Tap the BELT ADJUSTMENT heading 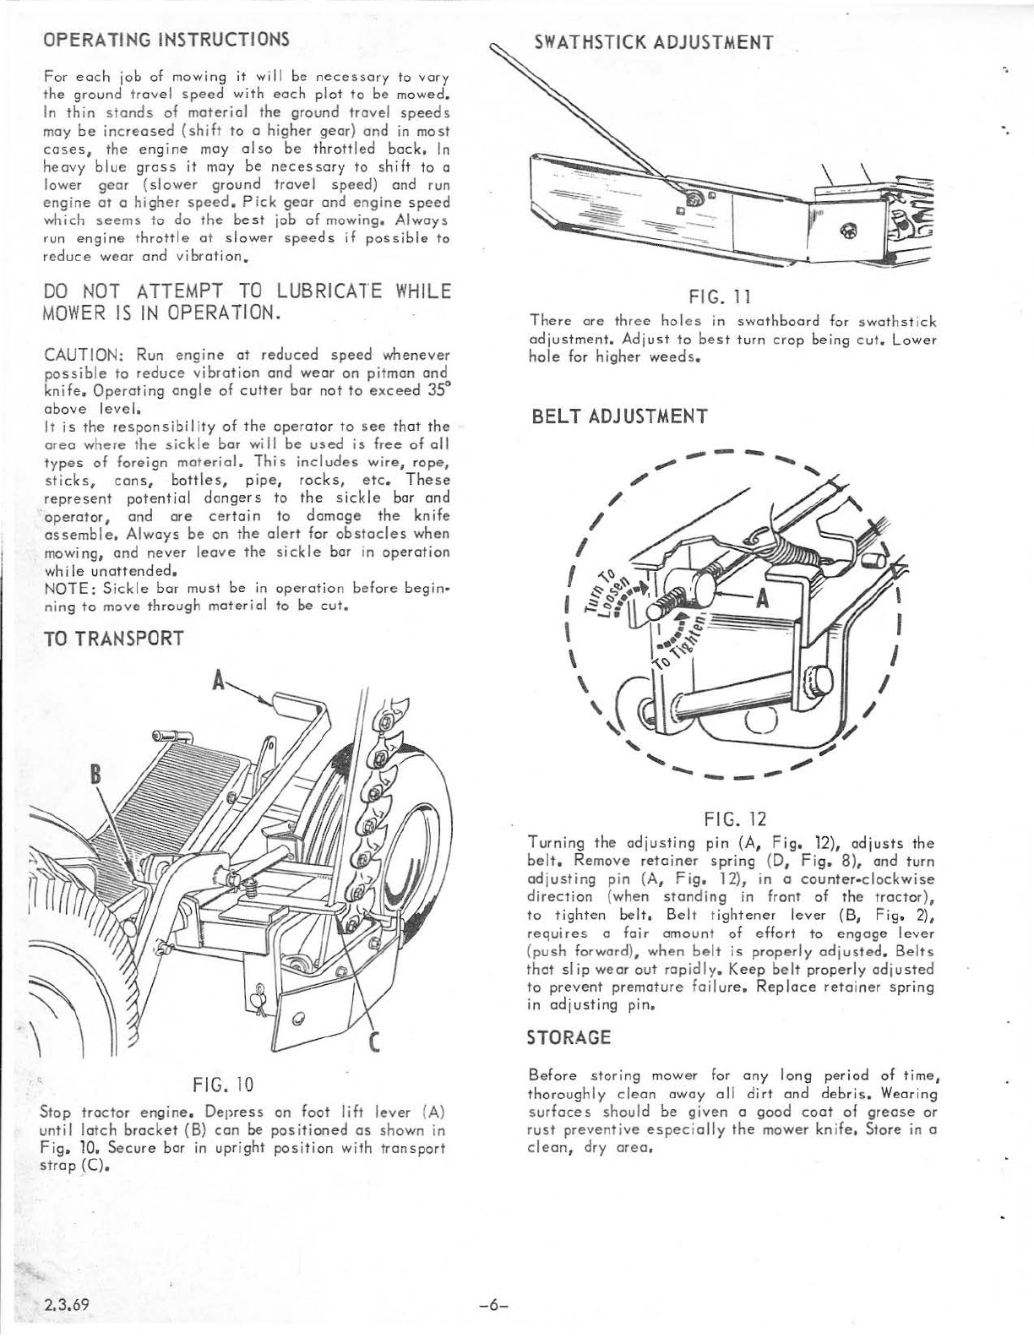click(619, 416)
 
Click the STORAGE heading click(569, 1037)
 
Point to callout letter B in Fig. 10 click(95, 775)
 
